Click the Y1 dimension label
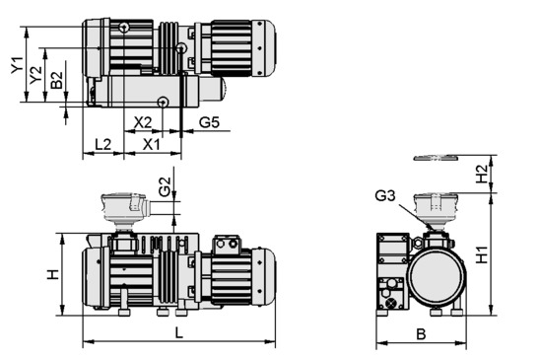pyautogui.click(x=17, y=65)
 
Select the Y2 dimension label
pyautogui.click(x=35, y=75)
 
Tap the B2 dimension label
pyautogui.click(x=57, y=80)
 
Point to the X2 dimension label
pyautogui.click(x=143, y=122)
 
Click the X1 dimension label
pyautogui.click(x=152, y=145)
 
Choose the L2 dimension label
pyautogui.click(x=102, y=145)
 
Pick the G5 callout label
pyautogui.click(x=209, y=122)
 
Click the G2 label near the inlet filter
pyautogui.click(x=165, y=186)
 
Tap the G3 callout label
pyautogui.click(x=385, y=196)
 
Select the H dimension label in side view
pyautogui.click(x=53, y=274)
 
